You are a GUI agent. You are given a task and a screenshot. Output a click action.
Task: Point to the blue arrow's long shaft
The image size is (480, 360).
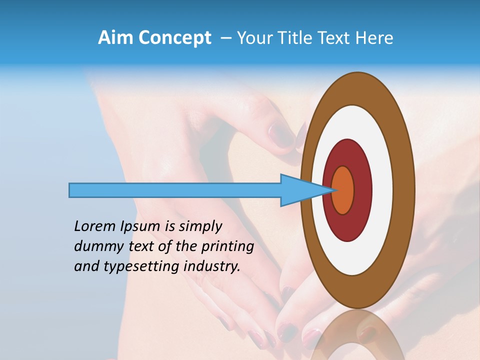click(x=175, y=190)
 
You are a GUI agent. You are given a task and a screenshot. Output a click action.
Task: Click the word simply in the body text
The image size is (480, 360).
click(x=200, y=226)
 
